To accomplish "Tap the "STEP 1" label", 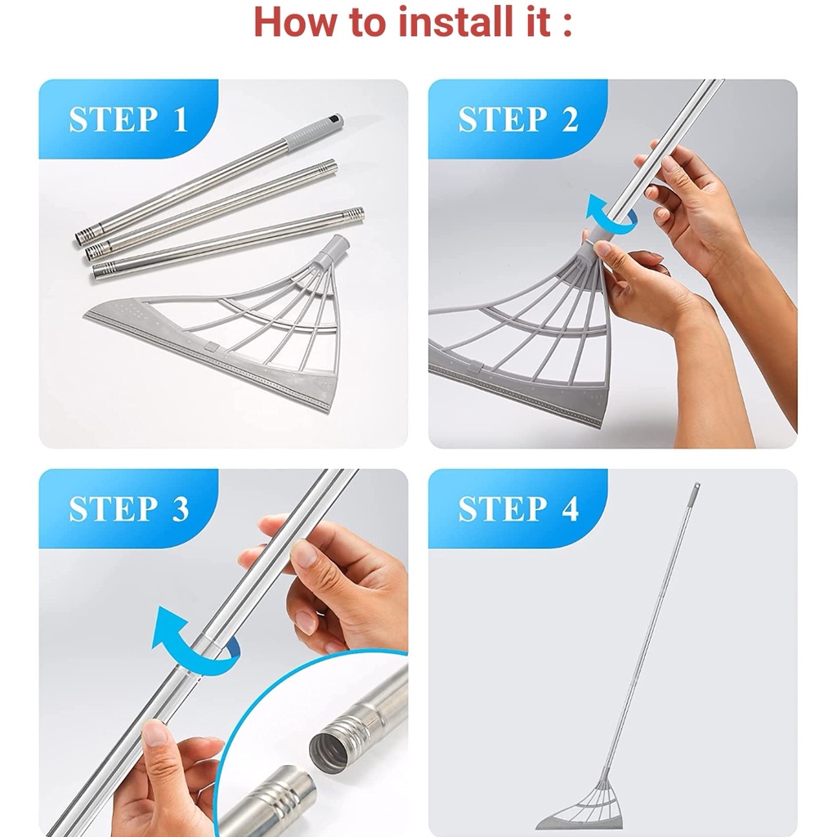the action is (x=128, y=119).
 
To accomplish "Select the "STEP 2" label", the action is (x=517, y=119).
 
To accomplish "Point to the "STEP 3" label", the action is (x=128, y=508).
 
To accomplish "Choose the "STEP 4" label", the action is (x=518, y=508).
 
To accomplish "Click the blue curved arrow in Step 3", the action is (x=191, y=642).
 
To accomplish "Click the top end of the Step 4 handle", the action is (x=696, y=485).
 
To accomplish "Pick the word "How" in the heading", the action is (x=293, y=22).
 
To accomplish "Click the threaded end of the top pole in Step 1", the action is (x=84, y=236).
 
